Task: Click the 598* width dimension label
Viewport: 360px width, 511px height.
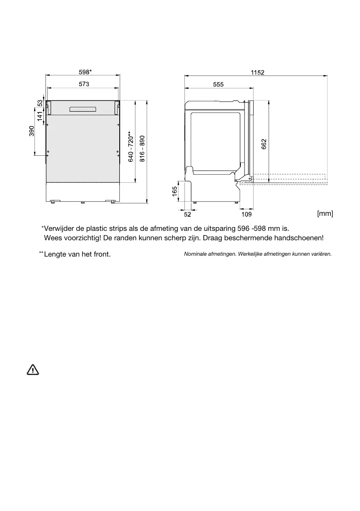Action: click(x=85, y=72)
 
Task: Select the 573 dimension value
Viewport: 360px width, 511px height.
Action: click(x=84, y=85)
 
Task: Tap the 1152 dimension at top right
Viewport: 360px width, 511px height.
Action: click(x=257, y=72)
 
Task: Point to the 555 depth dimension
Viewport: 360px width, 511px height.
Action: click(x=218, y=85)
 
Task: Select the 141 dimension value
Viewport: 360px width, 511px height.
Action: click(x=40, y=116)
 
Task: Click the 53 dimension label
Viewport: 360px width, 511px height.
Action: click(x=40, y=103)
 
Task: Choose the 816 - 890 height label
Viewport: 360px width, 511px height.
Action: click(x=142, y=149)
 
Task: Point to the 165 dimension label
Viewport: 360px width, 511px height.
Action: click(x=175, y=191)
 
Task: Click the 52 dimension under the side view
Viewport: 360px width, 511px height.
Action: click(x=187, y=214)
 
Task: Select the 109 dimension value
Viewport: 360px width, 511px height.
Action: click(x=247, y=214)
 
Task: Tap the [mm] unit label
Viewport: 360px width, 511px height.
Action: click(x=325, y=213)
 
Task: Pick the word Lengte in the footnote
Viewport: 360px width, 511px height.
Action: click(x=56, y=254)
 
